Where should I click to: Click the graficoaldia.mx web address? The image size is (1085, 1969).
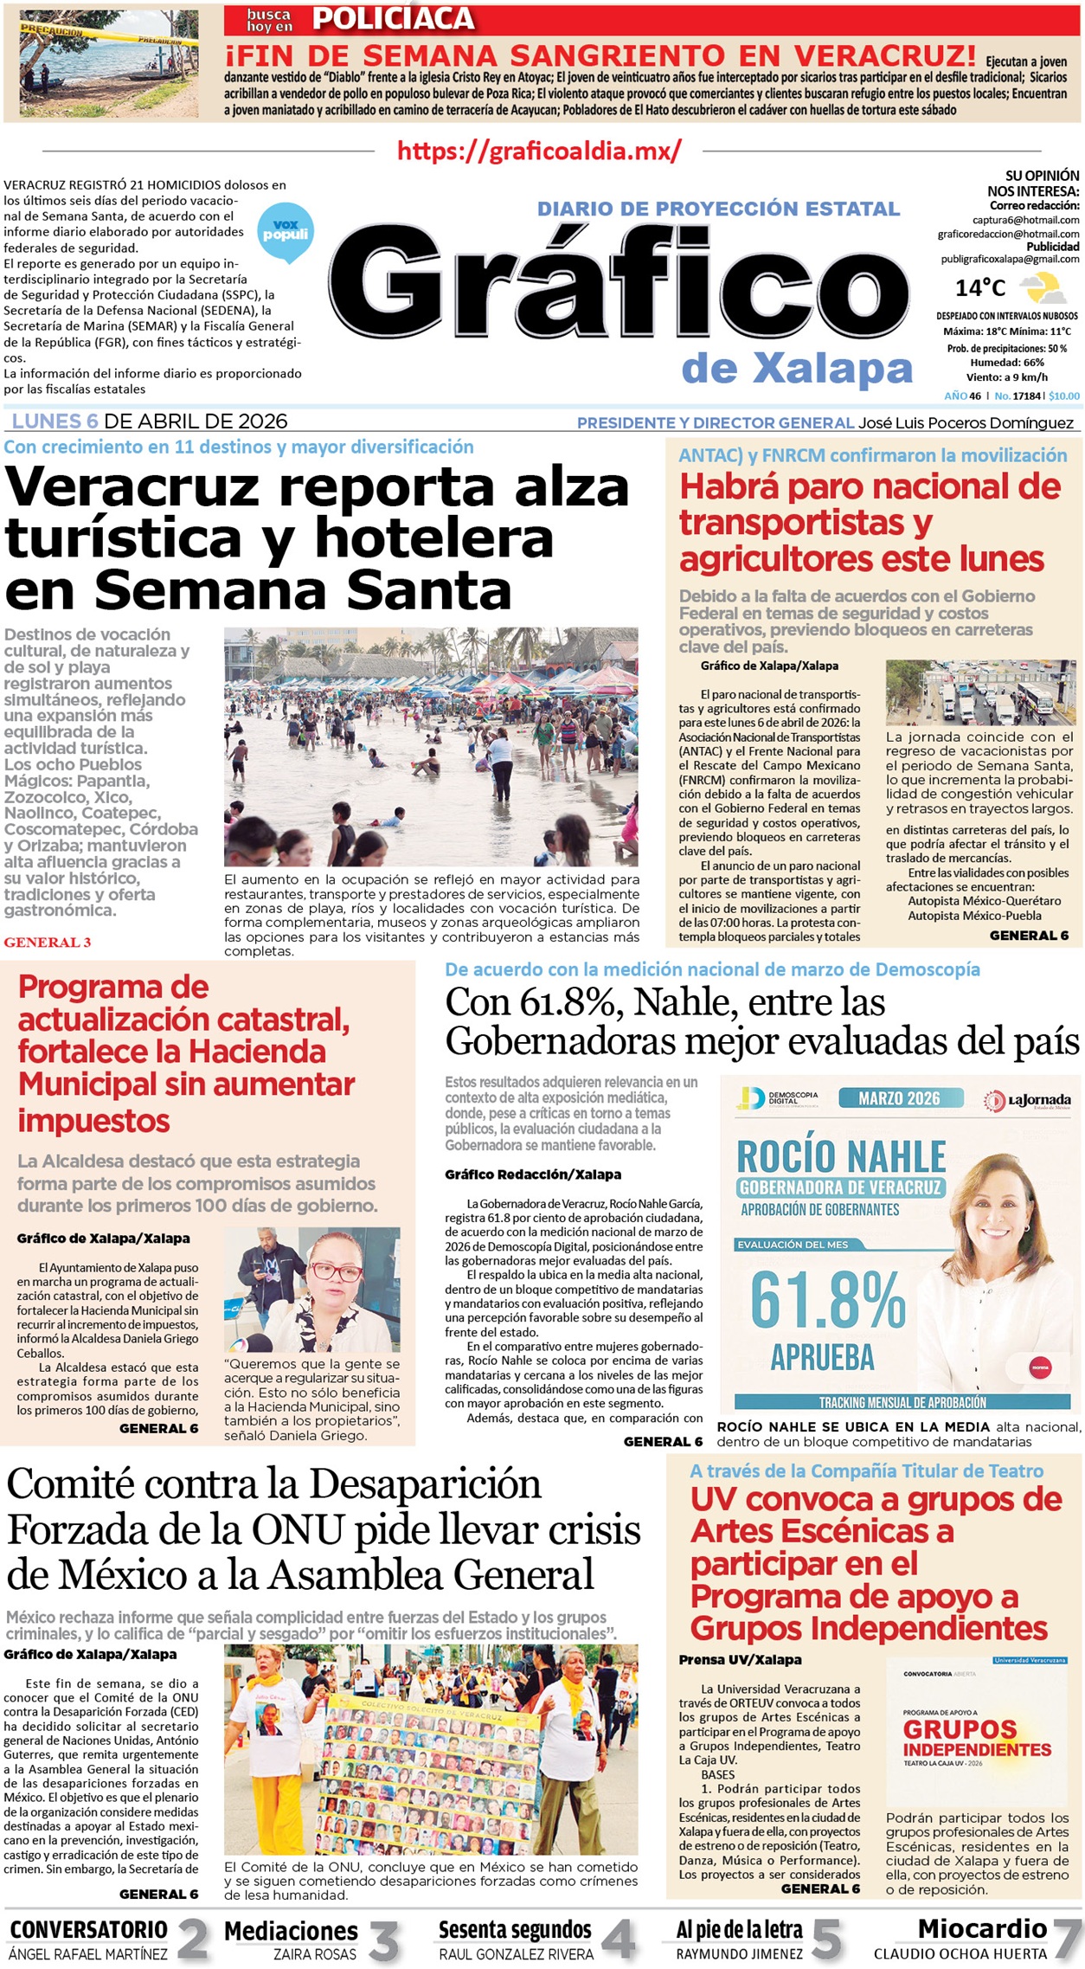539,151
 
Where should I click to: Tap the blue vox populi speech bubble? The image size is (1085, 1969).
286,232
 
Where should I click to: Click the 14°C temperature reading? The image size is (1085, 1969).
980,288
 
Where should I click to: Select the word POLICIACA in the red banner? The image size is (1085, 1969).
393,19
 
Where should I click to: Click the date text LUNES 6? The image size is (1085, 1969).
55,421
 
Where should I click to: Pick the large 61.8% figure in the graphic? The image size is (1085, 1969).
827,1300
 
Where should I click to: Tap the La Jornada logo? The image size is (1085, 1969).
1028,1100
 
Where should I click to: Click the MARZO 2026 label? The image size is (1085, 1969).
899,1098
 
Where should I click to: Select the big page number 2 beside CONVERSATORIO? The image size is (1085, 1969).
193,1940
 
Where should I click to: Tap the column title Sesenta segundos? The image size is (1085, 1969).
515,1929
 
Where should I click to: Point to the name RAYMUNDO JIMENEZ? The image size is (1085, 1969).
739,1953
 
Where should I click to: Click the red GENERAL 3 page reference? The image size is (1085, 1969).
47,942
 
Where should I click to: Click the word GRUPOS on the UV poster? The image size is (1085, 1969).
960,1729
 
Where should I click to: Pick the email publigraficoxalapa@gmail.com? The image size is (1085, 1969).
1010,259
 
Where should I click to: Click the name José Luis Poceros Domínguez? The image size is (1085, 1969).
966,422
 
